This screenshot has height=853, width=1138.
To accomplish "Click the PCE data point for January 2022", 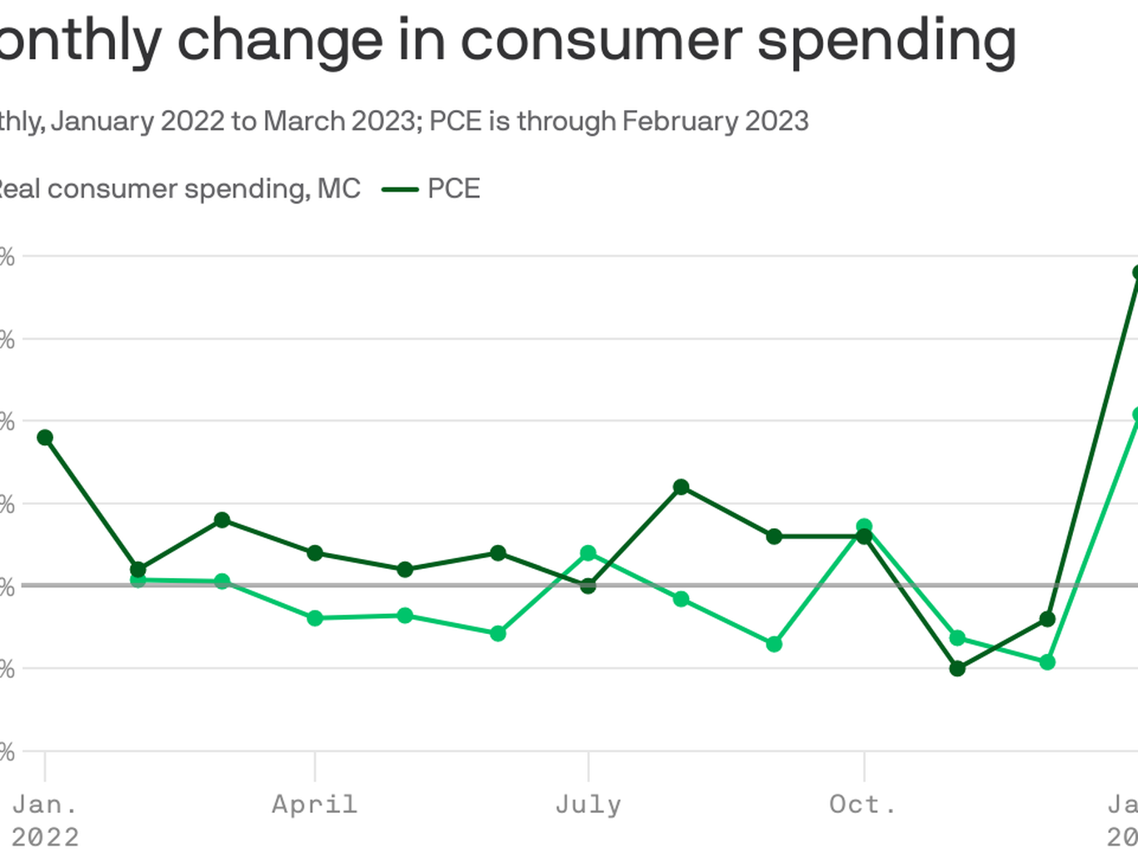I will tap(45, 437).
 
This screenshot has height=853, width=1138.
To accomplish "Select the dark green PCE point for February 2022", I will tap(138, 570).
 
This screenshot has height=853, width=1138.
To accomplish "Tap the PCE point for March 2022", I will tap(222, 520).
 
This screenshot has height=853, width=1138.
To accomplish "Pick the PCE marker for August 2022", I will tap(681, 486).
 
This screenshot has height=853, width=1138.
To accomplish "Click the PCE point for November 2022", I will tap(957, 668).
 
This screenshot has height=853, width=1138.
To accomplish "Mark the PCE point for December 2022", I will tap(1047, 619).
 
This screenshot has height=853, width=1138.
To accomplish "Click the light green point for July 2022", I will tap(588, 553).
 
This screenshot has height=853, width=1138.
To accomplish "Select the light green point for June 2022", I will tap(498, 633).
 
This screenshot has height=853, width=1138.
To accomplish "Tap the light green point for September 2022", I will tap(774, 644).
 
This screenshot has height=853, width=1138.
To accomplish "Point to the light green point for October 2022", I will tap(864, 526).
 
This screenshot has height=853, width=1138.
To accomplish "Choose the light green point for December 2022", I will tap(1047, 662).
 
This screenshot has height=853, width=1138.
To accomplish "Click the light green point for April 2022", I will tap(315, 618).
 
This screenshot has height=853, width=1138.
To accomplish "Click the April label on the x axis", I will tap(314, 805).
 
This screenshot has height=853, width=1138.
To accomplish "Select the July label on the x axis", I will tap(588, 805).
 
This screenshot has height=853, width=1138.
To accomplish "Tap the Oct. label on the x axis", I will tap(863, 805).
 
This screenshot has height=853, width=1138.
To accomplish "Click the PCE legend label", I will tap(454, 189).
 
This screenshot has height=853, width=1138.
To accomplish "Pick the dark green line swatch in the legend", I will tap(400, 190).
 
